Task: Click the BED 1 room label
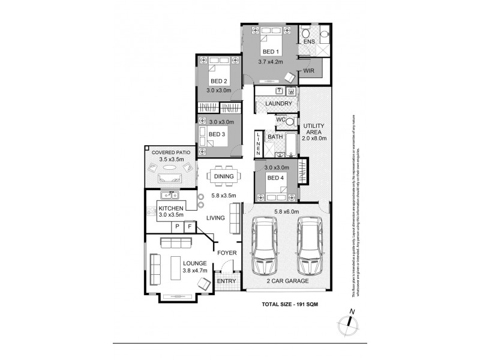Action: click(x=271, y=52)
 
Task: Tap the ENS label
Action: click(x=309, y=42)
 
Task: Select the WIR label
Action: click(x=309, y=71)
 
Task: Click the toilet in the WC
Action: click(x=290, y=121)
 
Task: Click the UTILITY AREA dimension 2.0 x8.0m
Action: click(x=314, y=138)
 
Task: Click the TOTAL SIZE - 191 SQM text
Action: click(x=290, y=305)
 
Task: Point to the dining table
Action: click(x=224, y=176)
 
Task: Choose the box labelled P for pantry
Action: click(x=177, y=226)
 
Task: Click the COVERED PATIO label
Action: click(x=170, y=153)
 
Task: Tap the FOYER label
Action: click(x=227, y=253)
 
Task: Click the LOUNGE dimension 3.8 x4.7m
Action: click(x=195, y=271)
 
